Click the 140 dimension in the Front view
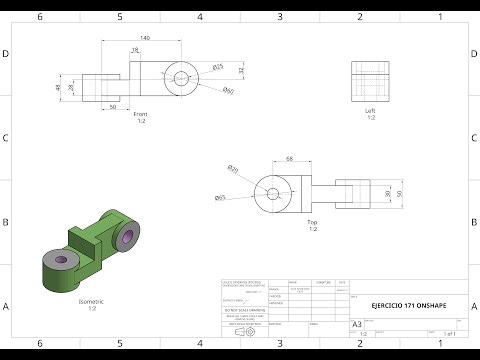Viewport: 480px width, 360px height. [145, 37]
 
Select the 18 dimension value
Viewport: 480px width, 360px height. [135, 50]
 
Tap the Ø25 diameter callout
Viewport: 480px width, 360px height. [217, 67]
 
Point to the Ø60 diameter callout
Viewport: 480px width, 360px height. [228, 92]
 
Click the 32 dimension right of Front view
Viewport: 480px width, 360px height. [241, 70]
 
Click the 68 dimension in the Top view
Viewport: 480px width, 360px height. [290, 158]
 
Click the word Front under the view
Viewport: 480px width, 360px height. [141, 114]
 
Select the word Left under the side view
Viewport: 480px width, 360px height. [370, 111]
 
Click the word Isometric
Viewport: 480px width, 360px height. [91, 301]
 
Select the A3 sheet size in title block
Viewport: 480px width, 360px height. [357, 324]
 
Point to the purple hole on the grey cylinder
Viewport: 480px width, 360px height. [61, 260]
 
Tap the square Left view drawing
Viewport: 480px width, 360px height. [370, 80]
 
